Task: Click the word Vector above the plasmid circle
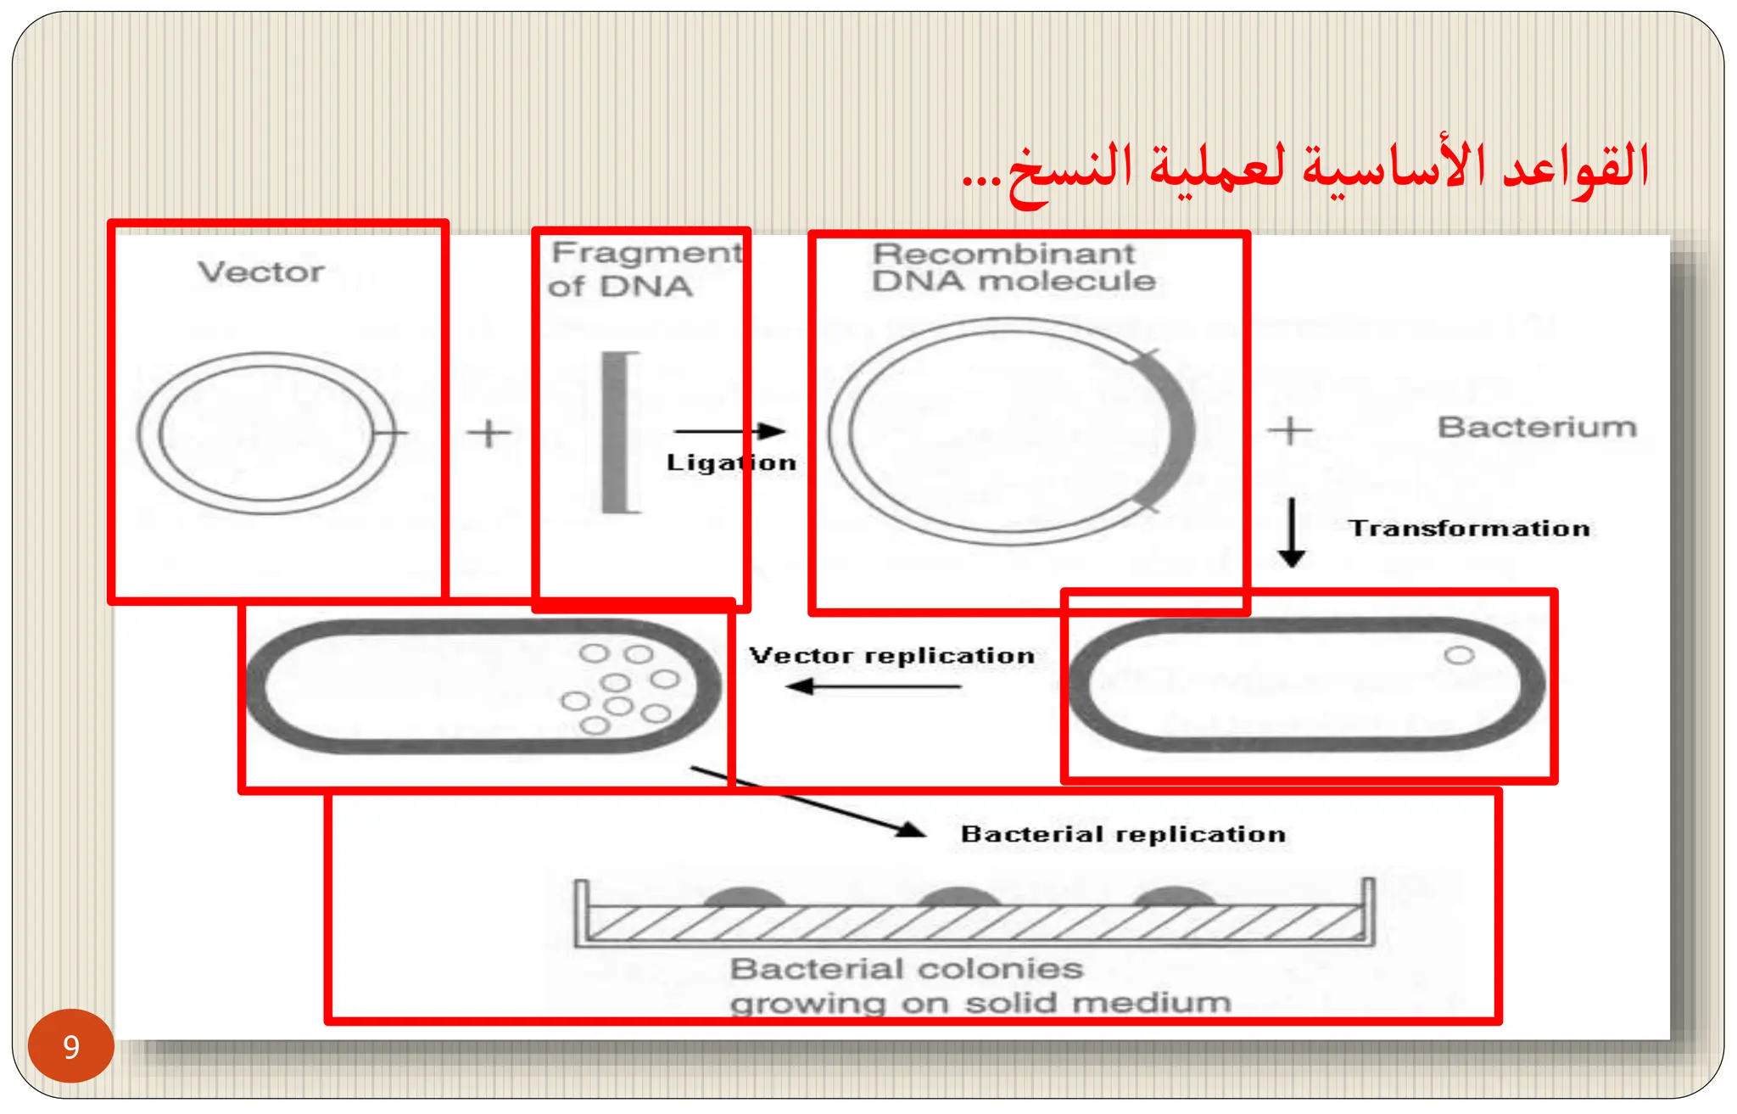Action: (x=261, y=272)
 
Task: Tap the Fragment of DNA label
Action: (x=645, y=269)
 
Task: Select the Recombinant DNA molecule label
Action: (x=1014, y=267)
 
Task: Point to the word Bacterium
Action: (x=1537, y=427)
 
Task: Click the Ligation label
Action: (x=731, y=462)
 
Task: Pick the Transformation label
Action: (x=1469, y=529)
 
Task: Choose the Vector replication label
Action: (x=891, y=655)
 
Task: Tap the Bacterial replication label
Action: (x=1123, y=834)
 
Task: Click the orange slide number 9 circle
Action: (x=71, y=1045)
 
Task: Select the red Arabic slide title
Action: (x=1305, y=168)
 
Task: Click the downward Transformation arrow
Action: (x=1292, y=532)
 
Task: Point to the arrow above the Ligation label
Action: (x=730, y=431)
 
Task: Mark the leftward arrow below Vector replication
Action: (x=873, y=686)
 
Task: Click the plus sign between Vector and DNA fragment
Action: (x=489, y=433)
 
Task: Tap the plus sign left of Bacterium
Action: (x=1290, y=430)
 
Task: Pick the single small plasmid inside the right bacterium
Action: (x=1459, y=655)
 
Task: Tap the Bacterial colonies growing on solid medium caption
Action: (x=980, y=986)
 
